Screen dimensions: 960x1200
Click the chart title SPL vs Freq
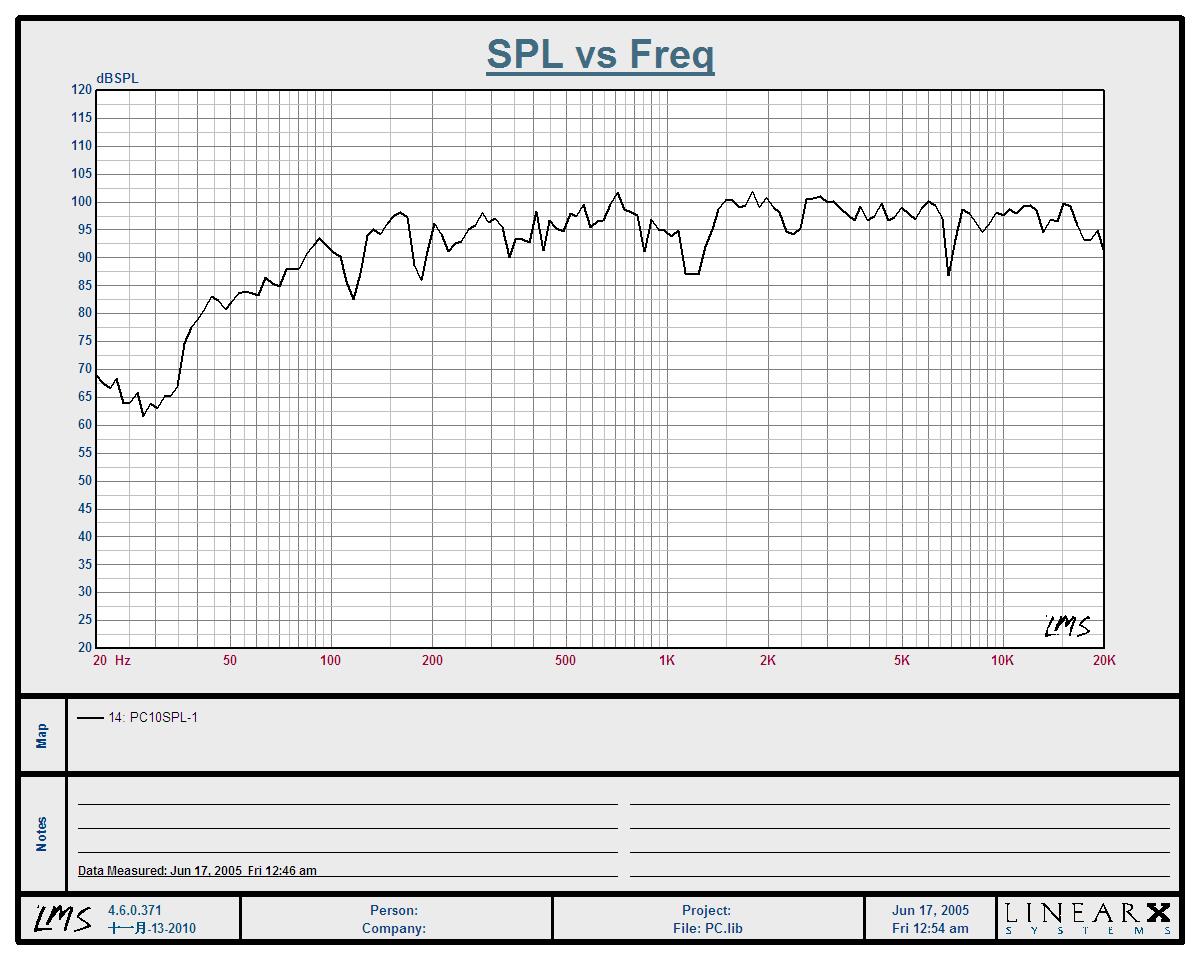600,54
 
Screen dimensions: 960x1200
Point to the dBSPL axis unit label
117,78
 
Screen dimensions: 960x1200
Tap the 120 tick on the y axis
81,90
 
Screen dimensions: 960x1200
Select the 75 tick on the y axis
81,341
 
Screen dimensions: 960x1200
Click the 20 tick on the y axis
81,648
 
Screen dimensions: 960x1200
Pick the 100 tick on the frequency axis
330,661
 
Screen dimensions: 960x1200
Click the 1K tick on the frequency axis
667,661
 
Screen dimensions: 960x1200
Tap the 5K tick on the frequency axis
902,661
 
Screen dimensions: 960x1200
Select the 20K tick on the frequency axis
1104,661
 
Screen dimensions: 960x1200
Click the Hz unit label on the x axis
123,661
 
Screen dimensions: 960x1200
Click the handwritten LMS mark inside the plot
1067,626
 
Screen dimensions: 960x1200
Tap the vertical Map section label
42,736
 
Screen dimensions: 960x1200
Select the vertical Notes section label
42,834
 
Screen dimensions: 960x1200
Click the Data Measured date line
197,870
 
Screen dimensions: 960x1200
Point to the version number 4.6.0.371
134,911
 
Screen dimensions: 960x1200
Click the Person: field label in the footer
394,911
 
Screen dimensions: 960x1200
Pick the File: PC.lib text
707,928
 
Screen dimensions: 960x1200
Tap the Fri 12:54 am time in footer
930,928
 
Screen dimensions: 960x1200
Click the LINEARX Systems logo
1087,917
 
